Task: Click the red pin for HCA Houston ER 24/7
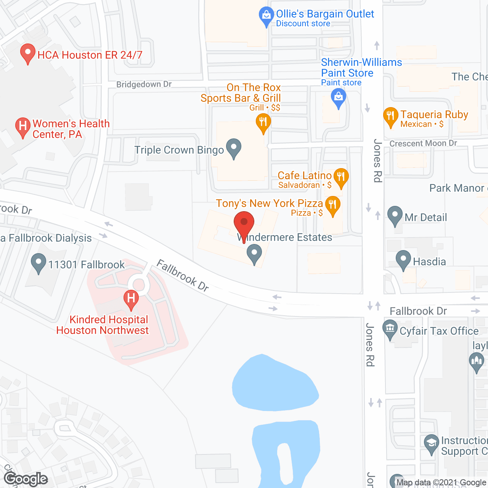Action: [x=27, y=53]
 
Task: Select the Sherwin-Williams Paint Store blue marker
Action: [x=338, y=97]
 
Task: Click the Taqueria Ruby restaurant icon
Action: [x=390, y=116]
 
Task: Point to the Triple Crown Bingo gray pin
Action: [x=234, y=148]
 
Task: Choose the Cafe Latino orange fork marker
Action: [x=341, y=177]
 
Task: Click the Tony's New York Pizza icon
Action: [x=332, y=205]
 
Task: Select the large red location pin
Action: [x=244, y=223]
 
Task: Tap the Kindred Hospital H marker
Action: [x=131, y=299]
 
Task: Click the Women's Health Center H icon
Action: [x=23, y=127]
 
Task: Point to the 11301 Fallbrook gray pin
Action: [x=38, y=263]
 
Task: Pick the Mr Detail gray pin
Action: [x=395, y=215]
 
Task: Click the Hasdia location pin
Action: [x=403, y=259]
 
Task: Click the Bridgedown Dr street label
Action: [x=144, y=84]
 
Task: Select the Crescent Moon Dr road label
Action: [x=423, y=143]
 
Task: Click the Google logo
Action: [x=26, y=479]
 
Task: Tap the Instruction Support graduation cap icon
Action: [x=431, y=443]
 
